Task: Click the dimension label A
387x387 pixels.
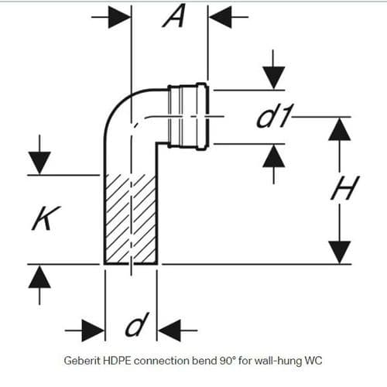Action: click(x=171, y=16)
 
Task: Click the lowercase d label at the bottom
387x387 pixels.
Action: click(x=134, y=327)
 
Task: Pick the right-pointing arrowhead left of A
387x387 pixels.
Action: click(x=121, y=16)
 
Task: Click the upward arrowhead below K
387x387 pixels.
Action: click(x=39, y=276)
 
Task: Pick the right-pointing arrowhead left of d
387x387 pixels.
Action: click(x=94, y=330)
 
